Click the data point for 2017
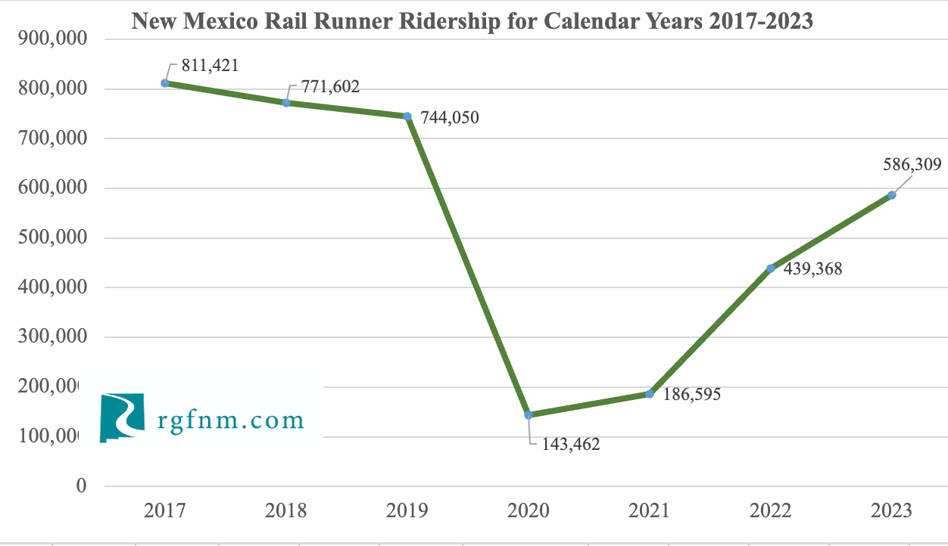tap(165, 83)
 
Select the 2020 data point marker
tap(529, 414)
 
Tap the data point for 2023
tap(892, 195)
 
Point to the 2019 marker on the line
tap(407, 116)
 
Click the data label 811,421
tap(210, 66)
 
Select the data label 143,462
tap(570, 444)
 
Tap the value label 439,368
tap(813, 269)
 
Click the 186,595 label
tap(692, 394)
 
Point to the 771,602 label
tap(330, 86)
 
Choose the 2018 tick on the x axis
tap(286, 510)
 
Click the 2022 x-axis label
tap(771, 510)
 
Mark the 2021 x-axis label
tap(650, 510)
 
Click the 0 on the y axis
tap(82, 486)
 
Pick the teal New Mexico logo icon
tap(122, 417)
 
